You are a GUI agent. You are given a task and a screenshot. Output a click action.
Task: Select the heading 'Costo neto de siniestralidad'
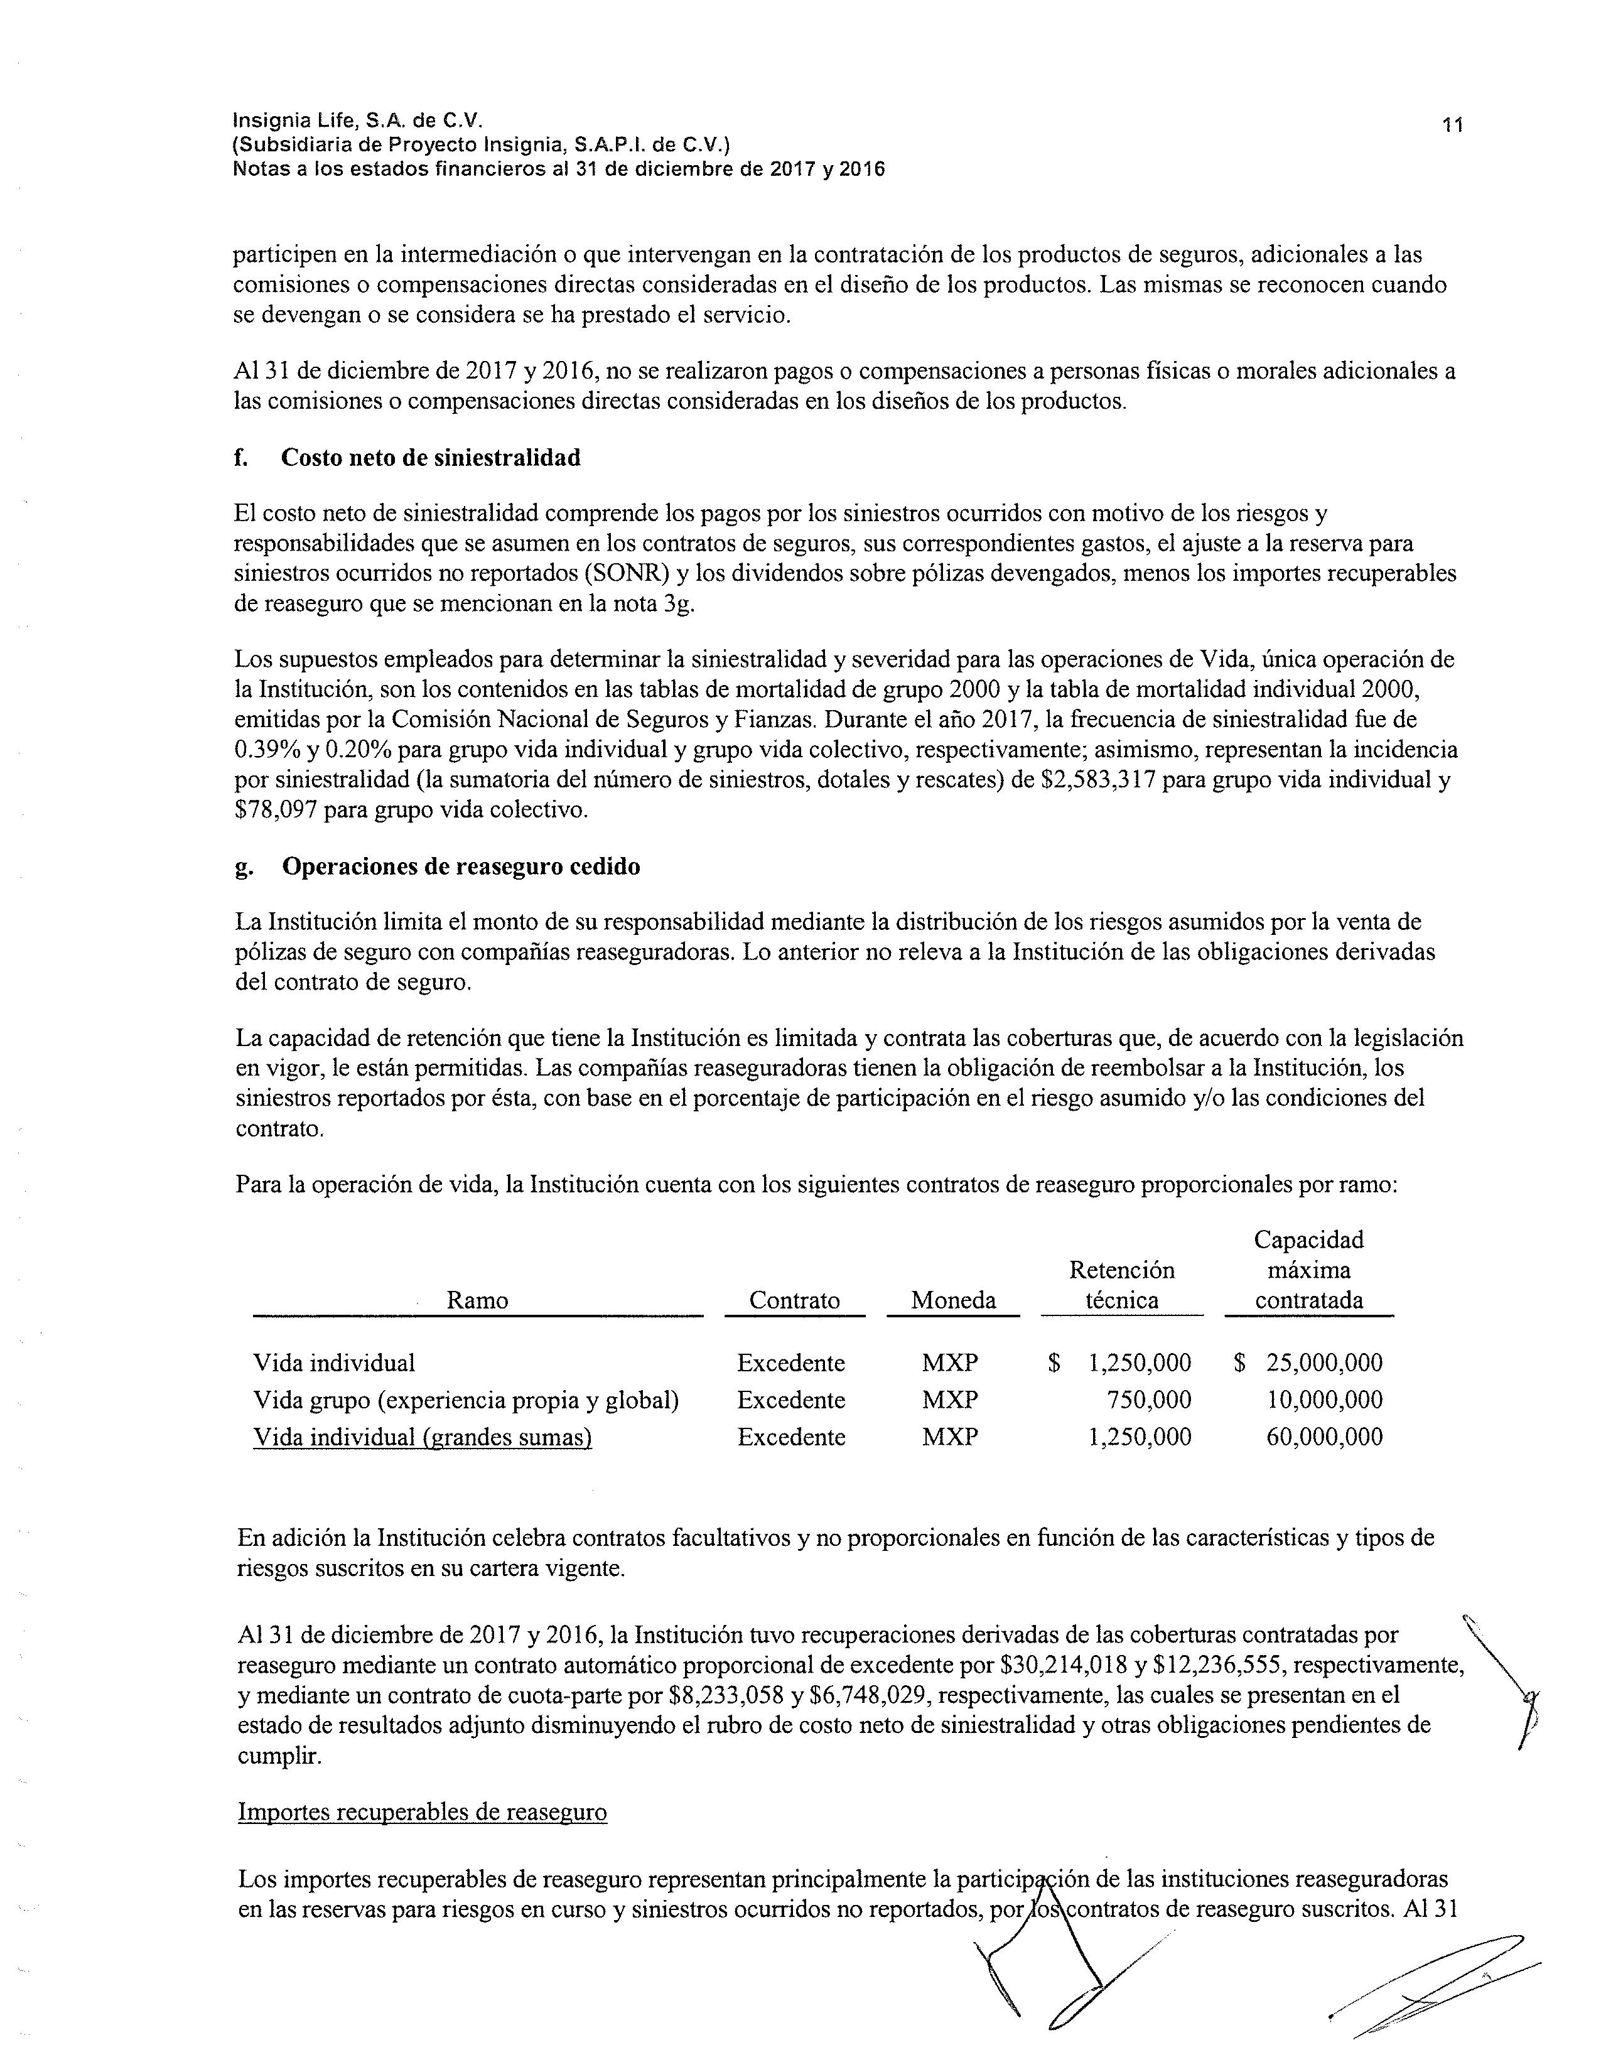point(431,457)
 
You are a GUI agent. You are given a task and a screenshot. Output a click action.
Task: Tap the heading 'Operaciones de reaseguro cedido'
point(461,866)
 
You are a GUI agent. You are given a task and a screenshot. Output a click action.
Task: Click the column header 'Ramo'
point(477,1300)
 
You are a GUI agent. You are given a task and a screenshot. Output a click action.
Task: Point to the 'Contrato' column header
point(794,1300)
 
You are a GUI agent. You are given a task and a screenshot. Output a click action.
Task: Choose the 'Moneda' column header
point(953,1300)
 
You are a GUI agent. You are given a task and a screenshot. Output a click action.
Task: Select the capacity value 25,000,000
point(1324,1362)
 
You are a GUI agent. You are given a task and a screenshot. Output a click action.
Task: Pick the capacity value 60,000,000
point(1324,1437)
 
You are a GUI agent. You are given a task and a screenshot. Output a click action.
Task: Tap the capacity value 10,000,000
point(1324,1400)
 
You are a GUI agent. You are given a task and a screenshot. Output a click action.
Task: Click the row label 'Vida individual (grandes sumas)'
point(422,1437)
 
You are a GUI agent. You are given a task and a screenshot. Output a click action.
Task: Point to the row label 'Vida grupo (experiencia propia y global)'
point(466,1400)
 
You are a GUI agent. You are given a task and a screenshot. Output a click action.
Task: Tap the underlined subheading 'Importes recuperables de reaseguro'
point(422,1811)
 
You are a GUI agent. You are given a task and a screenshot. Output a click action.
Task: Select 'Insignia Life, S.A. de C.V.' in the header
point(358,121)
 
